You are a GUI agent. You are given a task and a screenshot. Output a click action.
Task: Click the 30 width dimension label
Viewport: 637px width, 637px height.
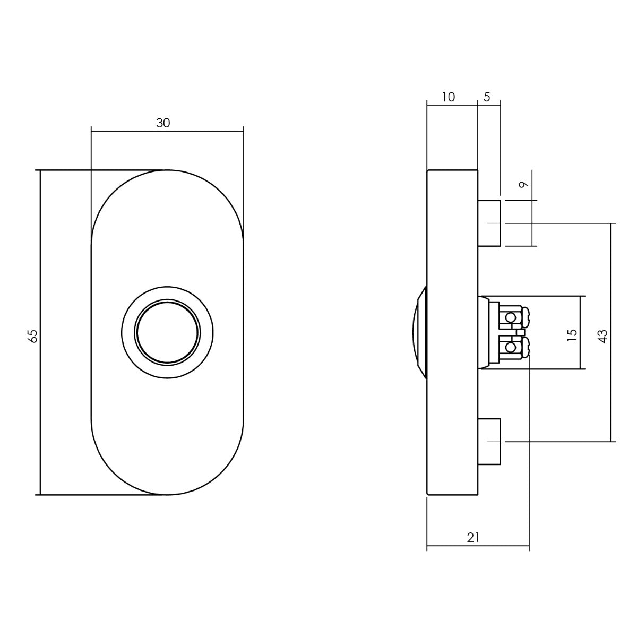point(163,123)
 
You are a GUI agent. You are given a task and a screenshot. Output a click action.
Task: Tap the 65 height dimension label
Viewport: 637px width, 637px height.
point(33,336)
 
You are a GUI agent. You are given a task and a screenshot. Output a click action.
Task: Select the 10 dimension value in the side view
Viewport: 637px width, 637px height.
point(448,97)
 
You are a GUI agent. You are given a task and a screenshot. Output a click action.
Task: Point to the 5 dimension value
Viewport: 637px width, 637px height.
point(487,97)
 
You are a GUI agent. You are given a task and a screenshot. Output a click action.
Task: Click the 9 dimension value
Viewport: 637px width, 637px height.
point(523,185)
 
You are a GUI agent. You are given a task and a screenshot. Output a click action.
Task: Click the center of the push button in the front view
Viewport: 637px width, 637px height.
point(167,332)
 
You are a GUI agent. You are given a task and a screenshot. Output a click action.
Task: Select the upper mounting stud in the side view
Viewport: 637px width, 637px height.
point(489,223)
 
